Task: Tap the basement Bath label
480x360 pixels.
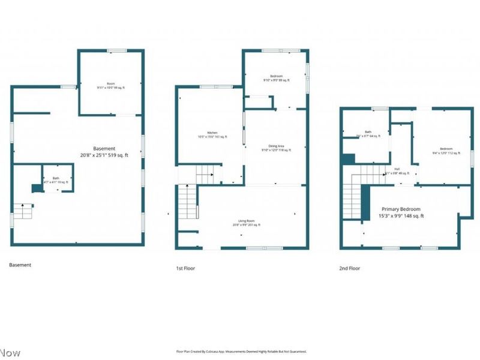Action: click(56, 178)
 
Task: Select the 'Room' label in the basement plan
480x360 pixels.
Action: click(110, 83)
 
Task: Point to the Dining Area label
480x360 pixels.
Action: click(276, 146)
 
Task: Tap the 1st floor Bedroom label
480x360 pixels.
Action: click(276, 76)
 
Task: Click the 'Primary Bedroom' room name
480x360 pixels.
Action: click(401, 208)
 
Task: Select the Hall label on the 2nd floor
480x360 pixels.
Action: click(397, 169)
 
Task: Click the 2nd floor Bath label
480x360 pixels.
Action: click(367, 132)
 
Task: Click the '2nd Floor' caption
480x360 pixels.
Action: click(350, 268)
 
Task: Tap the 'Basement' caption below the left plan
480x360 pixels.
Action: click(20, 265)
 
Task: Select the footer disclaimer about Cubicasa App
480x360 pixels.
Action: click(241, 352)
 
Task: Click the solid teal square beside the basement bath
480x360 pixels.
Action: click(37, 188)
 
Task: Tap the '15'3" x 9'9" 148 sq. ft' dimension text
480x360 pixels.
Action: click(401, 215)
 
